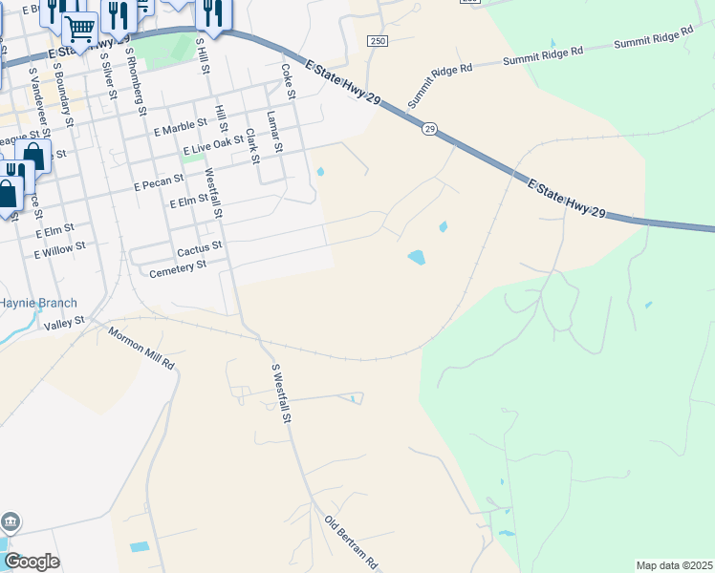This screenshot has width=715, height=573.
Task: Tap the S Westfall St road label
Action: [281, 393]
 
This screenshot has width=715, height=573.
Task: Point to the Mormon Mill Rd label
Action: [141, 350]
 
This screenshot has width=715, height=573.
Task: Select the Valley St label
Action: [64, 325]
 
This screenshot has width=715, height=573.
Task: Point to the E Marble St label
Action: [180, 125]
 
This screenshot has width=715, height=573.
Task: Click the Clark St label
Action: [251, 146]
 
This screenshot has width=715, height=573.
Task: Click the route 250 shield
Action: [378, 41]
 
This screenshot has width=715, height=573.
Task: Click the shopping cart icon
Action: [80, 30]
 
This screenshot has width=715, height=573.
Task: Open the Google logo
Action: [31, 562]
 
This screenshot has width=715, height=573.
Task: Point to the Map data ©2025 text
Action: [674, 565]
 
